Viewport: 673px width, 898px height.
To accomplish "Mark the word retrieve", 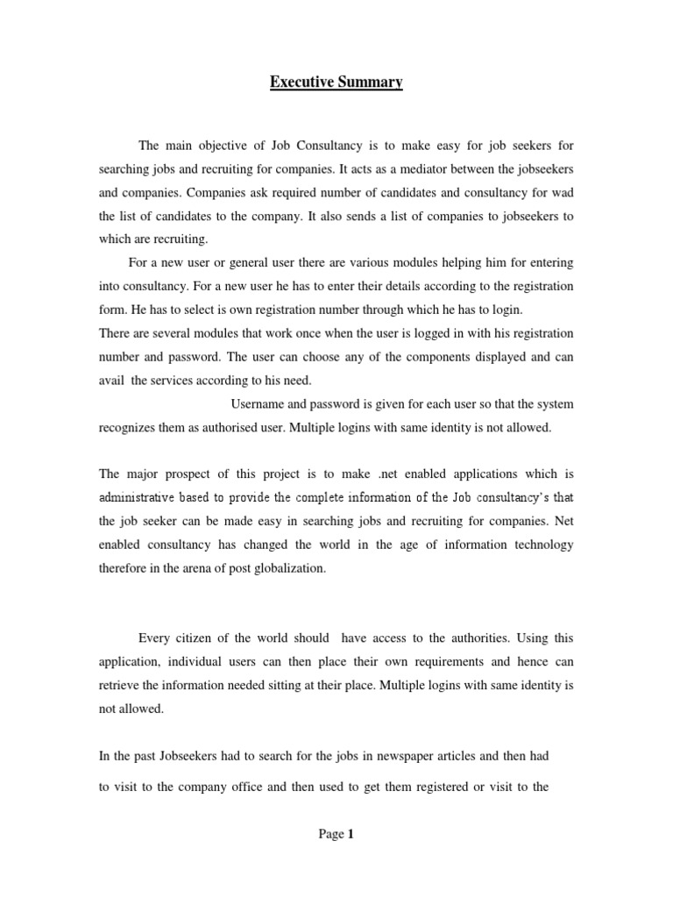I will [x=122, y=686].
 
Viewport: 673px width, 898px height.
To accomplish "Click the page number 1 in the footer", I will [x=350, y=835].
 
